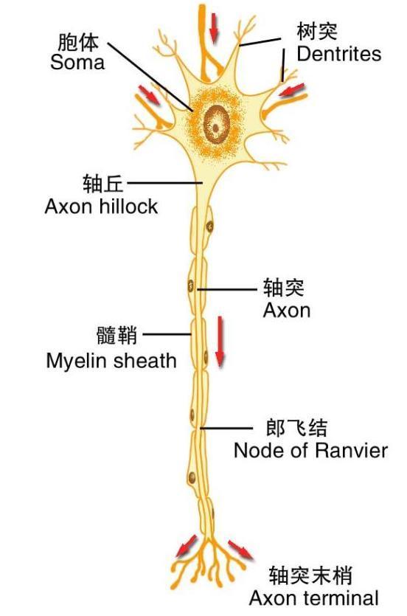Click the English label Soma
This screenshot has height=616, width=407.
click(x=77, y=63)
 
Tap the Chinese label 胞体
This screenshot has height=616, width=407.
click(x=78, y=42)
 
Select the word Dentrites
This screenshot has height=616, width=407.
click(x=338, y=54)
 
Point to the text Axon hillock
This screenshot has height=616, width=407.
click(x=101, y=206)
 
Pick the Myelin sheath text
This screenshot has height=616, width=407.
click(x=111, y=360)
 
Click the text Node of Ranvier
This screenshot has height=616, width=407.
click(x=310, y=450)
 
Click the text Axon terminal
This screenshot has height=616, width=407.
click(x=313, y=598)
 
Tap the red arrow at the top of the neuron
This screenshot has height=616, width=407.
click(x=214, y=28)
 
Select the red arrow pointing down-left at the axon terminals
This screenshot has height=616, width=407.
click(x=186, y=547)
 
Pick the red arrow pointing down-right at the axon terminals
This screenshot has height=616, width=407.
click(x=240, y=550)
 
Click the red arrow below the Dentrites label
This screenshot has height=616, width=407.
click(x=292, y=91)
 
